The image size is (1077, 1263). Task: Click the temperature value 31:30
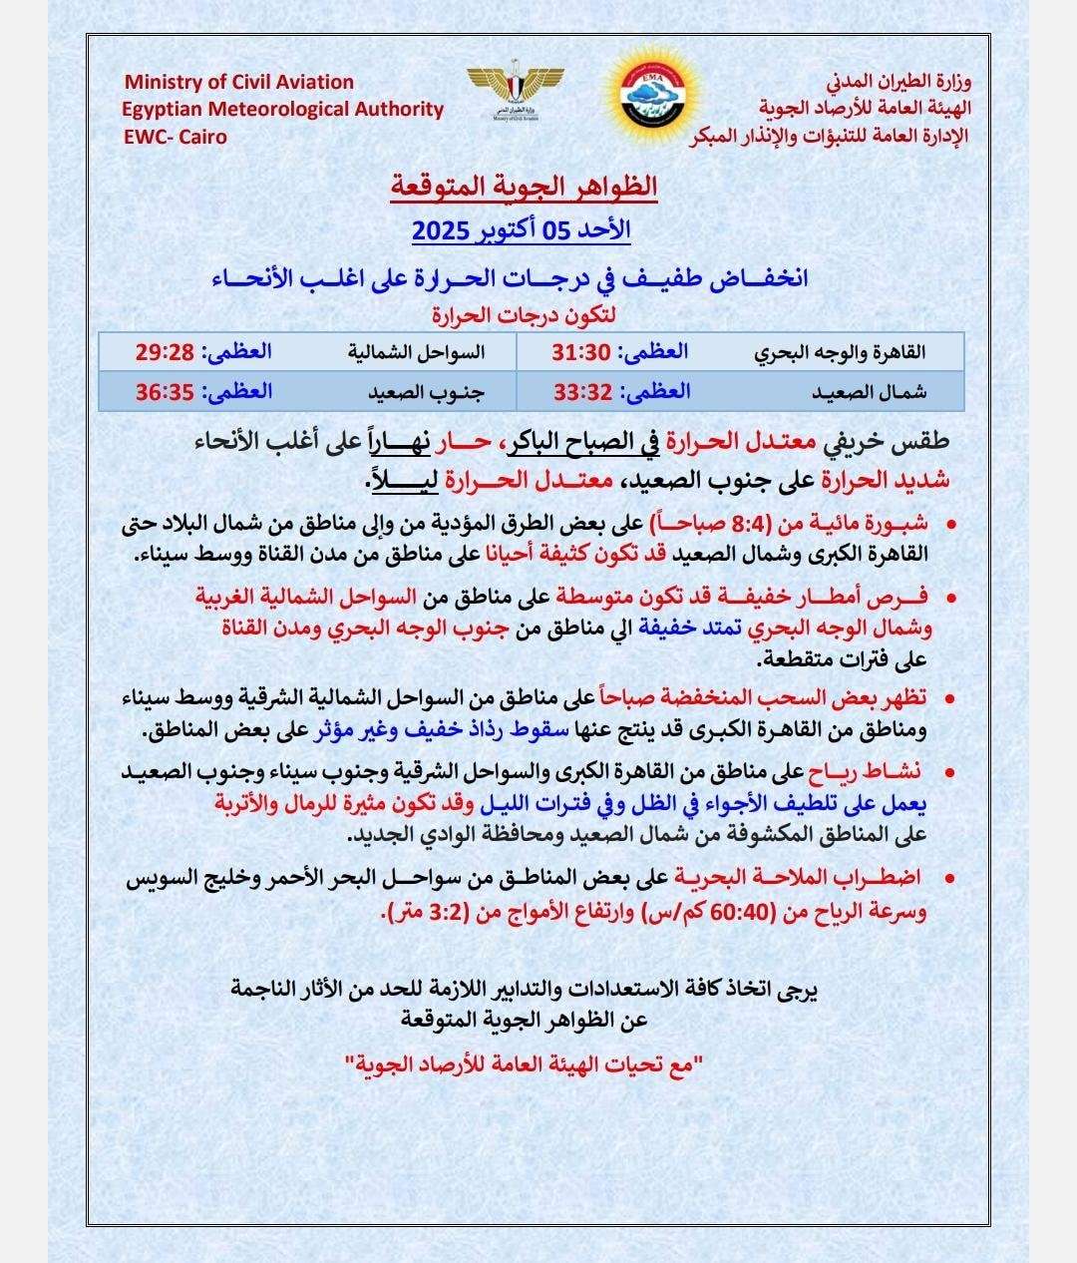pyautogui.click(x=581, y=351)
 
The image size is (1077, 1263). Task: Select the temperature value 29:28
pyautogui.click(x=165, y=351)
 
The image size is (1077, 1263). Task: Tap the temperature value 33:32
pyautogui.click(x=581, y=391)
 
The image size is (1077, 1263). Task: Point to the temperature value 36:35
pyautogui.click(x=165, y=391)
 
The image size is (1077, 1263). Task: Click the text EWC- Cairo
pyautogui.click(x=175, y=137)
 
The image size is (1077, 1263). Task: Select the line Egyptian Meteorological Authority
pyautogui.click(x=283, y=110)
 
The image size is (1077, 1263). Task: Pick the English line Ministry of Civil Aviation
pyautogui.click(x=238, y=82)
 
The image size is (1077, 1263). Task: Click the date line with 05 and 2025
pyautogui.click(x=521, y=230)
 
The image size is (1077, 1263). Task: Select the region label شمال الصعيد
pyautogui.click(x=869, y=392)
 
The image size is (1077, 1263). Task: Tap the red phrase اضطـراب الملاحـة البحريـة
pyautogui.click(x=835, y=877)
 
